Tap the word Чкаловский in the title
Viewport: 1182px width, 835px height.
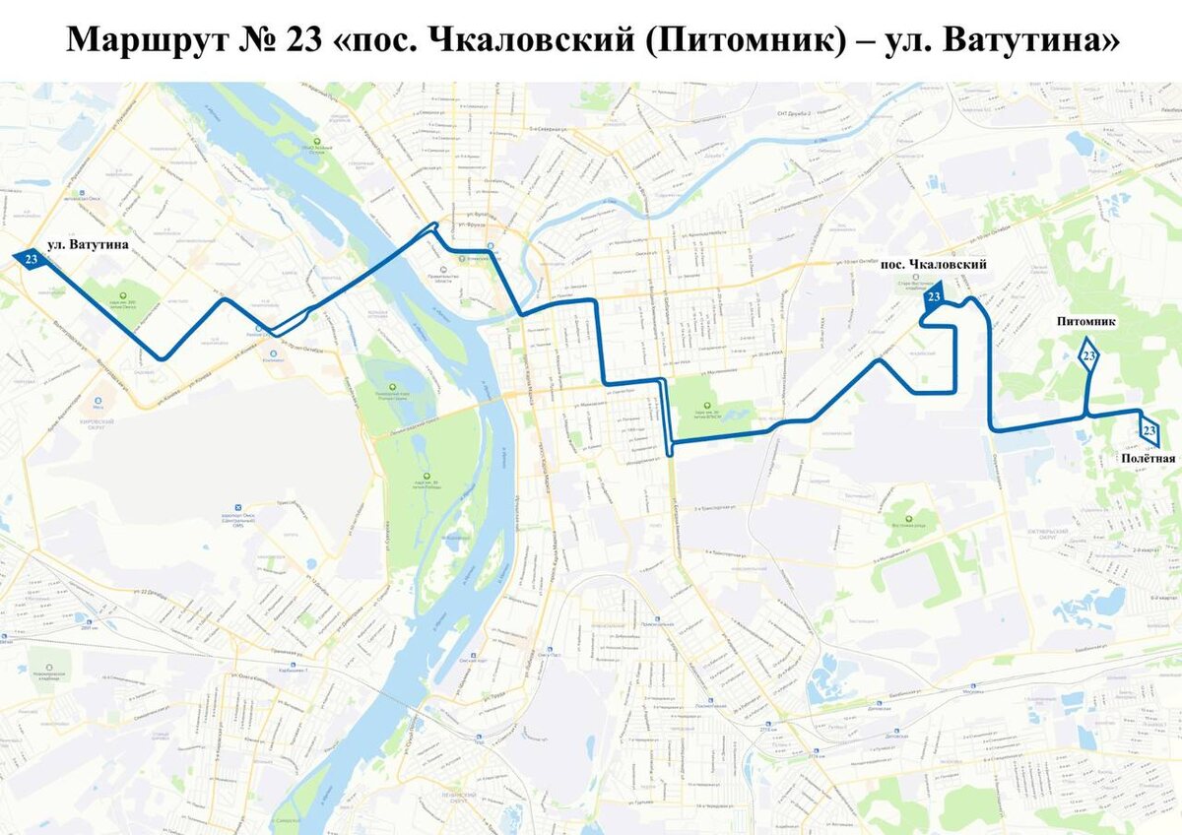coord(543,39)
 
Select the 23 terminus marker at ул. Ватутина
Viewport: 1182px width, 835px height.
coord(31,260)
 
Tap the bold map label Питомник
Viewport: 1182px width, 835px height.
coord(1085,322)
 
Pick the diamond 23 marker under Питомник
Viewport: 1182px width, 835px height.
coord(1088,355)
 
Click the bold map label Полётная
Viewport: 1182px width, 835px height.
coord(1148,459)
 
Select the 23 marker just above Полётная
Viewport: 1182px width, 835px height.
coord(1148,430)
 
